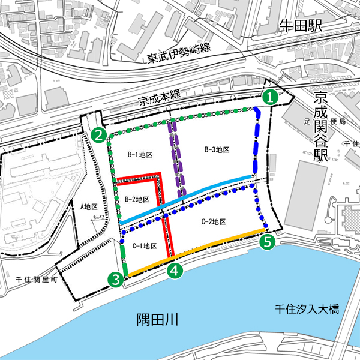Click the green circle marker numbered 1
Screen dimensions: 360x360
(x=271, y=96)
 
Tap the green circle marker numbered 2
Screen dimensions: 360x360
(x=99, y=135)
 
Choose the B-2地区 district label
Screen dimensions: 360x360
(x=137, y=199)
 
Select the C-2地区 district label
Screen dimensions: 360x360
(x=212, y=221)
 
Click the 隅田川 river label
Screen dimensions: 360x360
(x=158, y=319)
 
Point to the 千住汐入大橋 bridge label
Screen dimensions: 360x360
(x=307, y=310)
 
